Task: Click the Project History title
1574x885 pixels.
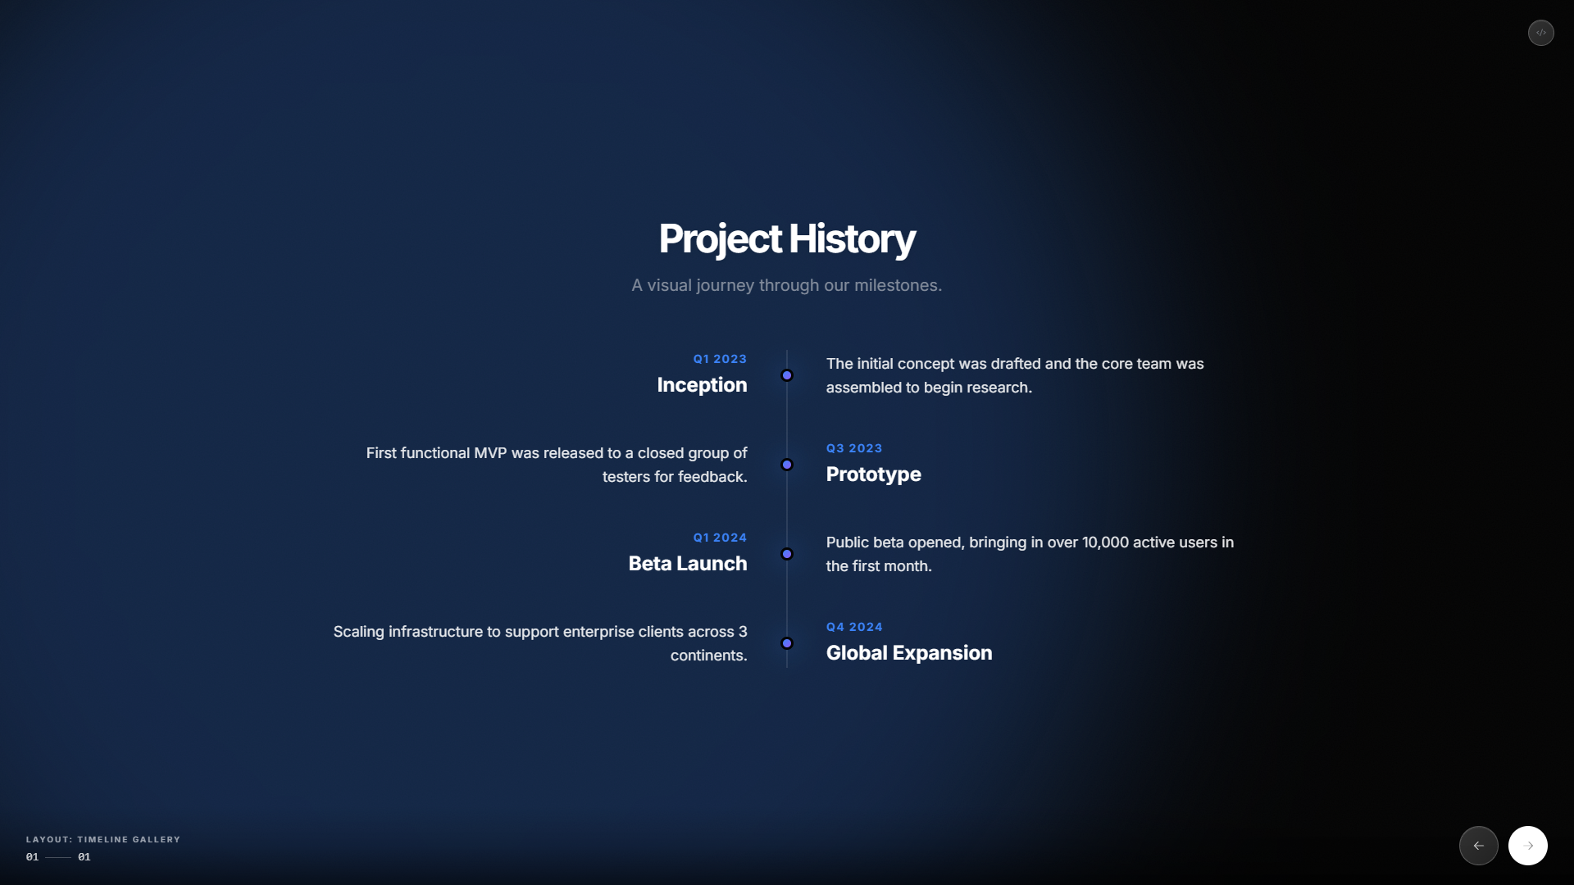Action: pyautogui.click(x=786, y=238)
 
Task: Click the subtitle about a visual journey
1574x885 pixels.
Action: pyautogui.click(x=786, y=285)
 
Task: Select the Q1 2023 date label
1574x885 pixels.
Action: pyautogui.click(x=720, y=359)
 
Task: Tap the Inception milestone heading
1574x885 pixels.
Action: pyautogui.click(x=702, y=384)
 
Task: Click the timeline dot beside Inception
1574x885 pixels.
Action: pyautogui.click(x=787, y=375)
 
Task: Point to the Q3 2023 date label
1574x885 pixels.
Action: pyautogui.click(x=854, y=448)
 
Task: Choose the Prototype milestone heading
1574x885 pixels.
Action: pyautogui.click(x=873, y=474)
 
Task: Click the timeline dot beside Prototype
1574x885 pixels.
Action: pyautogui.click(x=787, y=465)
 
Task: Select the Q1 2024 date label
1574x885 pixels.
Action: pyautogui.click(x=720, y=538)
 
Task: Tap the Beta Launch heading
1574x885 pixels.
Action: pyautogui.click(x=687, y=563)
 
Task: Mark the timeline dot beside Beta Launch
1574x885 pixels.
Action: pyautogui.click(x=787, y=554)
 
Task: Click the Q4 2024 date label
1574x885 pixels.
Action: pyautogui.click(x=854, y=627)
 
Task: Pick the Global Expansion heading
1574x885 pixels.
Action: pyautogui.click(x=908, y=652)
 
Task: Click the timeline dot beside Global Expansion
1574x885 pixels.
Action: pyautogui.click(x=787, y=643)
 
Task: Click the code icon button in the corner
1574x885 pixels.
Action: pyautogui.click(x=1540, y=33)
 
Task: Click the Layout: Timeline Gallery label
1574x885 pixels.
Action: pyautogui.click(x=102, y=839)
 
